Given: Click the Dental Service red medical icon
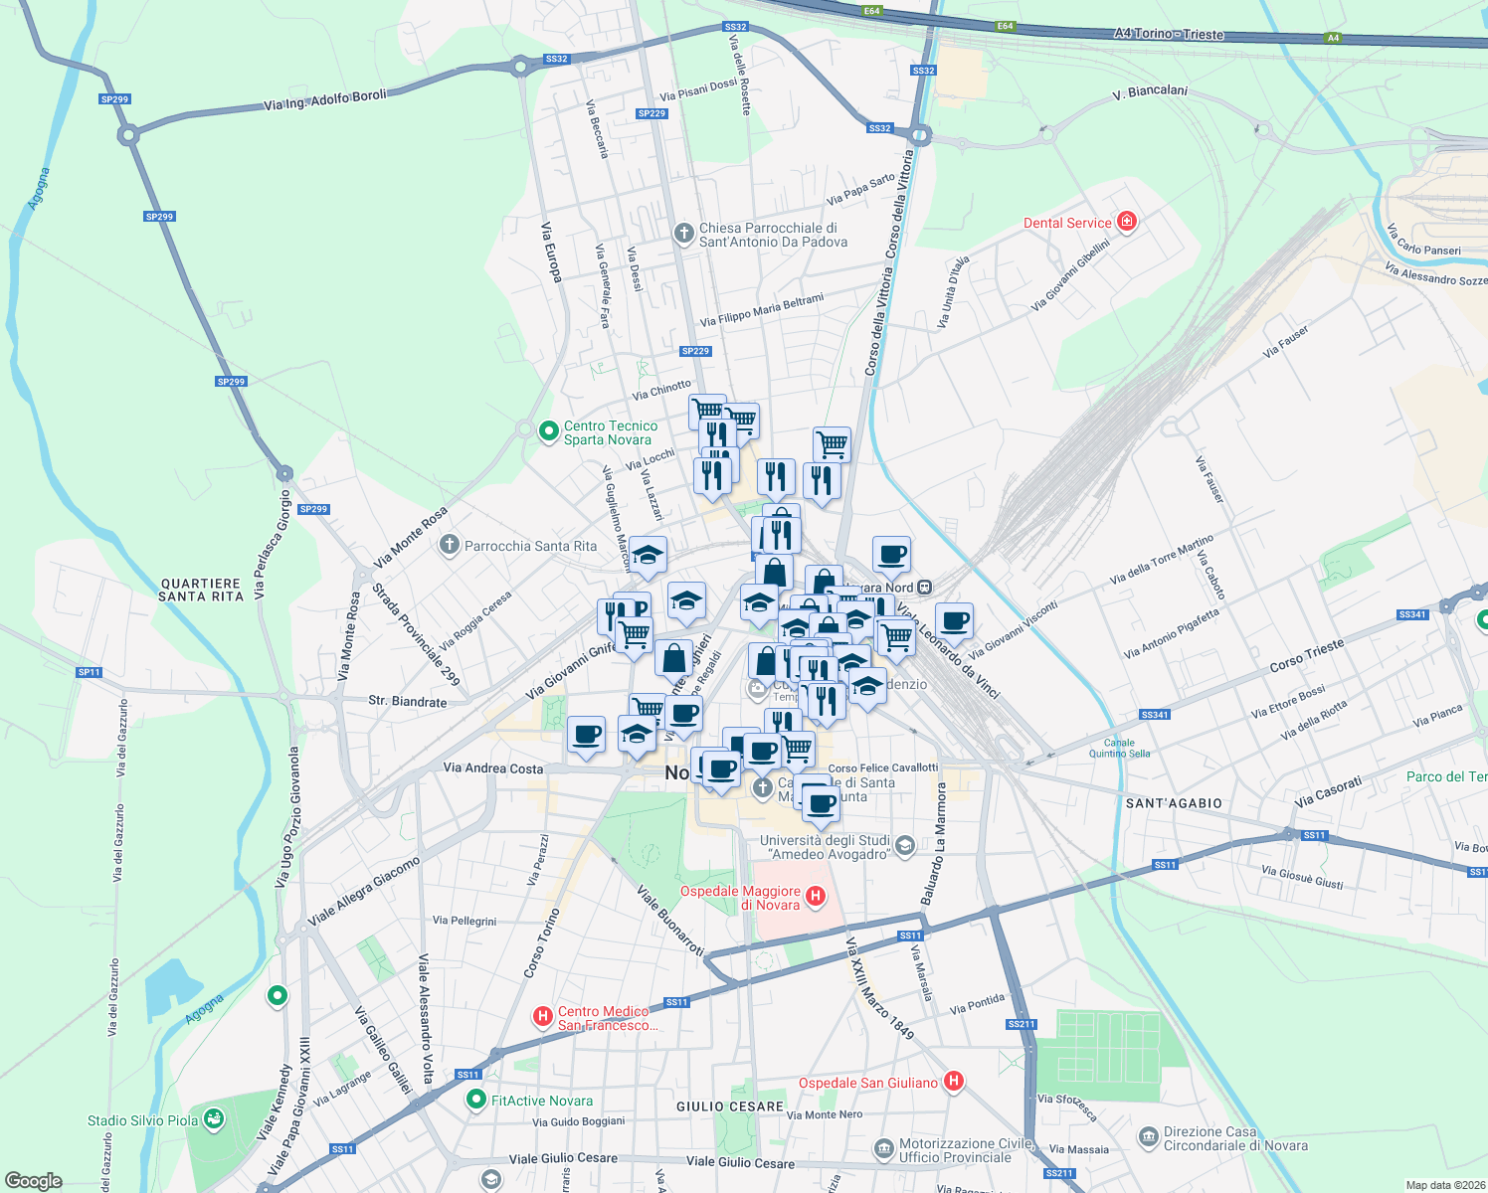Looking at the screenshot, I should [x=1127, y=222].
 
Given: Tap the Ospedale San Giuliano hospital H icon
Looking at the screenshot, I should [x=954, y=1082].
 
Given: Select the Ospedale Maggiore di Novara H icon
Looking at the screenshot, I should [x=816, y=897].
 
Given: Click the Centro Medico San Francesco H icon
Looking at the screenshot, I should [x=543, y=1016].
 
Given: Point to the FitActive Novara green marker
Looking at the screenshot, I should [x=477, y=1101].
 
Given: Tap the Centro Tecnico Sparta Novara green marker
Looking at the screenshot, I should [x=547, y=431].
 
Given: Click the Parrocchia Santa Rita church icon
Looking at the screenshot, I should [x=450, y=545].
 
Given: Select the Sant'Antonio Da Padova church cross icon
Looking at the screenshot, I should [x=683, y=234].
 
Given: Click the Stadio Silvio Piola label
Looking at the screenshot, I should [x=143, y=1120].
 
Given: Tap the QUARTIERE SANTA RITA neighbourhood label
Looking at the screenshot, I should [x=201, y=590].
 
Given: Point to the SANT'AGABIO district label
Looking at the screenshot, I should [x=1174, y=803].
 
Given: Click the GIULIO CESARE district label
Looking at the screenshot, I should [x=730, y=1107].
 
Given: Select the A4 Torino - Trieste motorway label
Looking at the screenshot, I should [x=1169, y=34].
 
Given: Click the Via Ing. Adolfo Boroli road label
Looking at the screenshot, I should [x=325, y=99].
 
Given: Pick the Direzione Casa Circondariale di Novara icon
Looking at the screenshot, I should [x=1148, y=1134].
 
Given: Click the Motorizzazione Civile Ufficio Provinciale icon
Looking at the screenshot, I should [x=883, y=1149].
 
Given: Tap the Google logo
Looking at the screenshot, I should [x=34, y=1181].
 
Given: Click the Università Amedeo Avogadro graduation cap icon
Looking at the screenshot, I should [x=905, y=846].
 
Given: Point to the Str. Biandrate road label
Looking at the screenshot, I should [x=408, y=701].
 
